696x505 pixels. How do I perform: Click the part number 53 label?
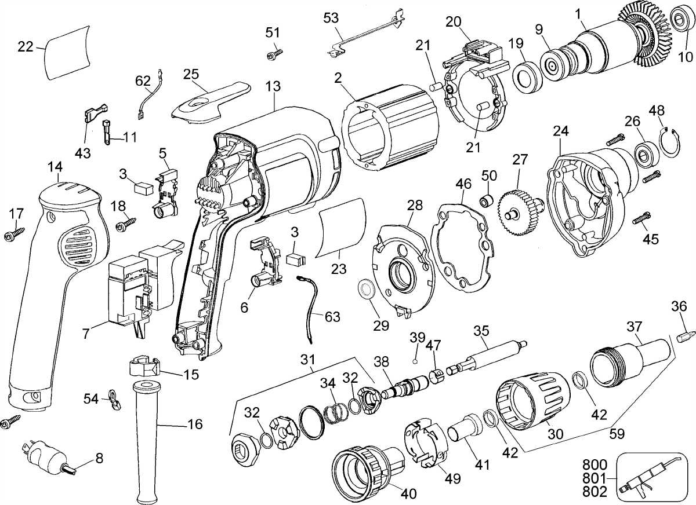tap(331, 18)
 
